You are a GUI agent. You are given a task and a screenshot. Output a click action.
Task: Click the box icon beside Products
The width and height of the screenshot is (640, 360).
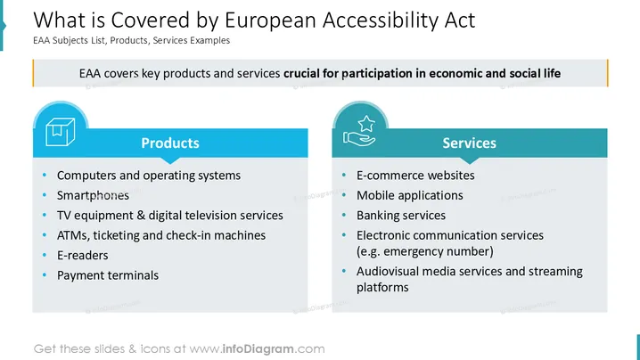click(x=61, y=131)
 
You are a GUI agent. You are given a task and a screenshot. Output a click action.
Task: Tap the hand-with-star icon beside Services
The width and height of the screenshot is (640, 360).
click(x=359, y=131)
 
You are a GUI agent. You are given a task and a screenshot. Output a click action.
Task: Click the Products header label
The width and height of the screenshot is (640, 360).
click(x=170, y=143)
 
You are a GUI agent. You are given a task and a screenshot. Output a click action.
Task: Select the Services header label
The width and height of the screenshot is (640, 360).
click(x=470, y=143)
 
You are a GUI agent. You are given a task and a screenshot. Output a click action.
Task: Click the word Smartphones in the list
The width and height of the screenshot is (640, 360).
click(x=93, y=195)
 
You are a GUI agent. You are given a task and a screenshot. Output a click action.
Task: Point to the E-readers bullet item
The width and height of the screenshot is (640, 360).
click(x=82, y=256)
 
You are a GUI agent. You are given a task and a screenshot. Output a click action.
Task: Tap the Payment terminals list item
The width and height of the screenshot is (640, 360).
click(x=108, y=275)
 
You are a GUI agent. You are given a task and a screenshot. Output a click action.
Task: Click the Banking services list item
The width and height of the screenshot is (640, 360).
click(x=401, y=216)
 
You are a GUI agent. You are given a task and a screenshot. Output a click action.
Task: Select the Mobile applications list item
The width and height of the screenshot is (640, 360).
click(x=410, y=195)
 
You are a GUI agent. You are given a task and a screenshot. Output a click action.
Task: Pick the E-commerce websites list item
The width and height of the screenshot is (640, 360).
click(x=415, y=176)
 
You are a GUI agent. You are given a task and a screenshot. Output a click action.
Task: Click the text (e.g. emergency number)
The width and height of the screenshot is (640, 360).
click(x=425, y=251)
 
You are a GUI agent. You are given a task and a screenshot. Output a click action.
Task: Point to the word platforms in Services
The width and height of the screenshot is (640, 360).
click(x=382, y=287)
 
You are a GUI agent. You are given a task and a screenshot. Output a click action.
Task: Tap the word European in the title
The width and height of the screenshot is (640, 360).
click(x=270, y=20)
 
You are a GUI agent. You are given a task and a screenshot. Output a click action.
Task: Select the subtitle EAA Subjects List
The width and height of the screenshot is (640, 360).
click(x=70, y=40)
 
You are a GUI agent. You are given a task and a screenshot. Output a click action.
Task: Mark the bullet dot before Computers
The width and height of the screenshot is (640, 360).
click(x=45, y=176)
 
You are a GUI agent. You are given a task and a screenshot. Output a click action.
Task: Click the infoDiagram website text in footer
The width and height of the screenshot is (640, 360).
click(x=257, y=349)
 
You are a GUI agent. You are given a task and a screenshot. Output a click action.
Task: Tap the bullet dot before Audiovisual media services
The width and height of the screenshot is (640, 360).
click(x=344, y=271)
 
